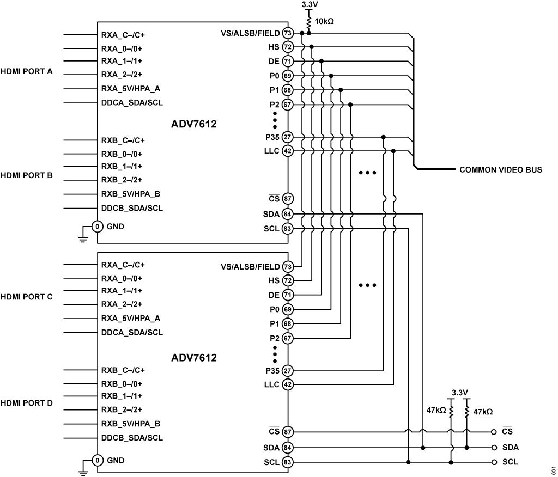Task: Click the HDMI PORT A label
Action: tap(27, 71)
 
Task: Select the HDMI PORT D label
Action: tap(27, 403)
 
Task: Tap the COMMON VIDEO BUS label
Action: tap(501, 170)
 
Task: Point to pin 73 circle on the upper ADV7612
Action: tap(288, 33)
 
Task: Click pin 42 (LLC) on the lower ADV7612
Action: tap(288, 384)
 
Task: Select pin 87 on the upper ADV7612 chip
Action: tap(288, 199)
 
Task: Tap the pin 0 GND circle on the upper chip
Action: tap(98, 226)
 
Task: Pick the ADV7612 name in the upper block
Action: tap(194, 125)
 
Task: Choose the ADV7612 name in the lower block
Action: tap(194, 358)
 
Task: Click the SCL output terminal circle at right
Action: tap(494, 462)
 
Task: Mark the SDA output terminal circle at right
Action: tap(494, 448)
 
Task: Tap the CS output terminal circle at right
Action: tap(494, 432)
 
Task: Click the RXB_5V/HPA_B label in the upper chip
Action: tap(130, 194)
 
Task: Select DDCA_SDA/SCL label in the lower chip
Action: tap(132, 332)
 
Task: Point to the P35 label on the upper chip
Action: tap(270, 137)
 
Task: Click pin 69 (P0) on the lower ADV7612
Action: tap(288, 309)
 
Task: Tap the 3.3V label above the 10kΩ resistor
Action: tap(309, 4)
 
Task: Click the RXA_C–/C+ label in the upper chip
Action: tap(123, 35)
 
